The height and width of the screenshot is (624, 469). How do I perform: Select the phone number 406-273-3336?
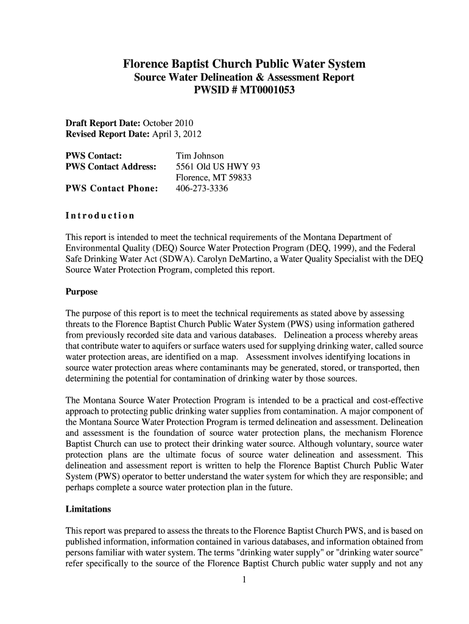tap(202, 189)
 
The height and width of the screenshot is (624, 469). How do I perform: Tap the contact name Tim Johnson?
tap(200, 156)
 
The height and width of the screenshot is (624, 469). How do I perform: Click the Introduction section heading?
tap(100, 216)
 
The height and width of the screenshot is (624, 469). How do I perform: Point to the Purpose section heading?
tap(82, 292)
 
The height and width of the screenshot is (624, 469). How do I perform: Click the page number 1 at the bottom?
tap(244, 580)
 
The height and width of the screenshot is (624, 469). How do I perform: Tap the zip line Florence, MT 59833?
tap(214, 178)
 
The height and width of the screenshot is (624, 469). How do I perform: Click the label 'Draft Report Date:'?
tap(102, 123)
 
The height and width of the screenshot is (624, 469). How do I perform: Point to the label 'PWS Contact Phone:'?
tap(112, 189)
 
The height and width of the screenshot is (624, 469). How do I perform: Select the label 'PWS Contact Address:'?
tap(111, 167)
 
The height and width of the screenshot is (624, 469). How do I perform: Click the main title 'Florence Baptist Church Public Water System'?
tap(244, 64)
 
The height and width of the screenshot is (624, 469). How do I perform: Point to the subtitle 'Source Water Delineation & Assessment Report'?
tap(244, 78)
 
